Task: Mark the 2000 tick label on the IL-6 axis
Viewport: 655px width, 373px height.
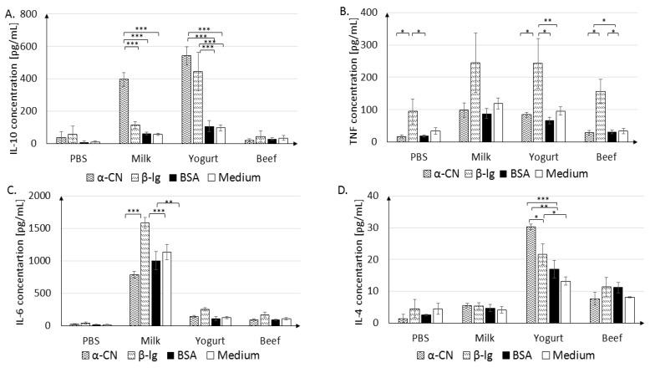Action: pyautogui.click(x=33, y=196)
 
